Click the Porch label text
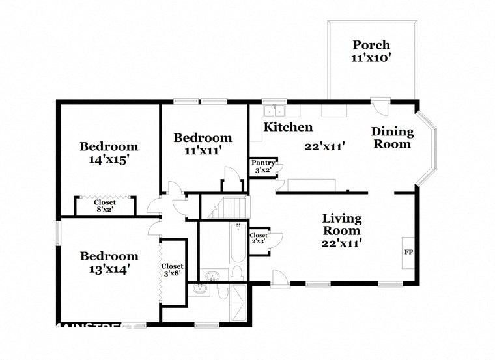(x=371, y=45)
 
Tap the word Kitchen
(x=287, y=127)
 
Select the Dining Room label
(x=391, y=137)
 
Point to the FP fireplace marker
(x=408, y=251)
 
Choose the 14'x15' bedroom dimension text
(x=109, y=158)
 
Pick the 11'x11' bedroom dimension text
(x=203, y=150)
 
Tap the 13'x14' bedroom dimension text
(x=109, y=269)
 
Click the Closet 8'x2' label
(x=104, y=206)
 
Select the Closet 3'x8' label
(x=173, y=270)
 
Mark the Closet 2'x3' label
(x=259, y=239)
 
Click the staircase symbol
(x=229, y=207)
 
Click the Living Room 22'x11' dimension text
(x=341, y=243)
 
